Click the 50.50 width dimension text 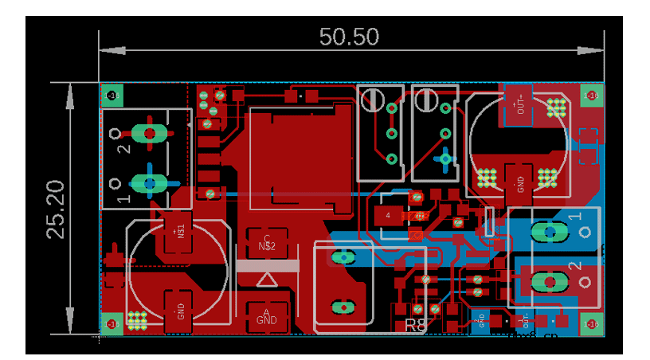coord(349,37)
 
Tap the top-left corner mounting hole coord(112,96)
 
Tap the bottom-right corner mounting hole coord(590,323)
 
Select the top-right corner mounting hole coord(591,96)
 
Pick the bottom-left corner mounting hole coord(112,323)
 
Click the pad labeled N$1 coord(180,233)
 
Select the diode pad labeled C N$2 coord(267,241)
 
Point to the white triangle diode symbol coord(267,280)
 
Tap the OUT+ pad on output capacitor coord(520,103)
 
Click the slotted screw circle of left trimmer coord(370,100)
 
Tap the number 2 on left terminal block coord(123,148)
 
